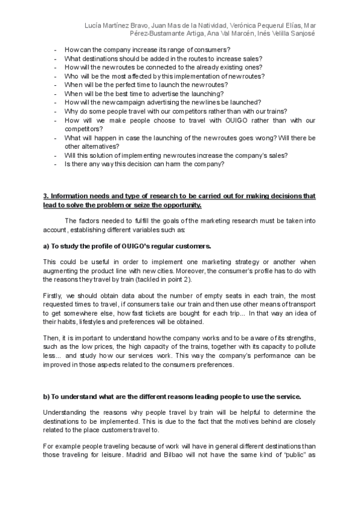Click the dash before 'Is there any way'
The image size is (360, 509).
coord(55,163)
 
